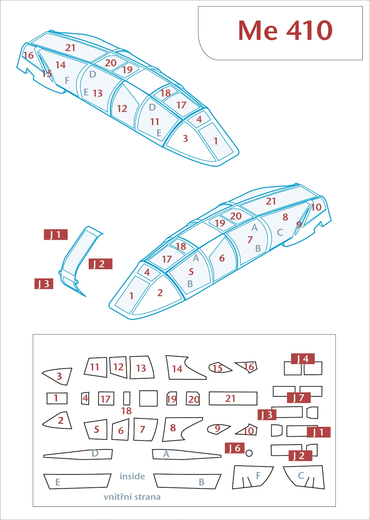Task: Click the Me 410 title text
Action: tap(285, 31)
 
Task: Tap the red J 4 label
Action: tap(303, 359)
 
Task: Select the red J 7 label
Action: tap(299, 398)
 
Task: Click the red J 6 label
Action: tap(234, 448)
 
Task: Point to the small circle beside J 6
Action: tap(249, 453)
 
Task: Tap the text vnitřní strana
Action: tap(132, 497)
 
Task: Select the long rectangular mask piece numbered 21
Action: tap(233, 398)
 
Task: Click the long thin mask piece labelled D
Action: tap(78, 454)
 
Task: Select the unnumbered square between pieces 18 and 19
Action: tap(148, 398)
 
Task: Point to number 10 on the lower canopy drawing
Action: tap(316, 207)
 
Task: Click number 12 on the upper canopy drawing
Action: tap(122, 108)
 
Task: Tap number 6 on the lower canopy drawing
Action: tap(222, 258)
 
